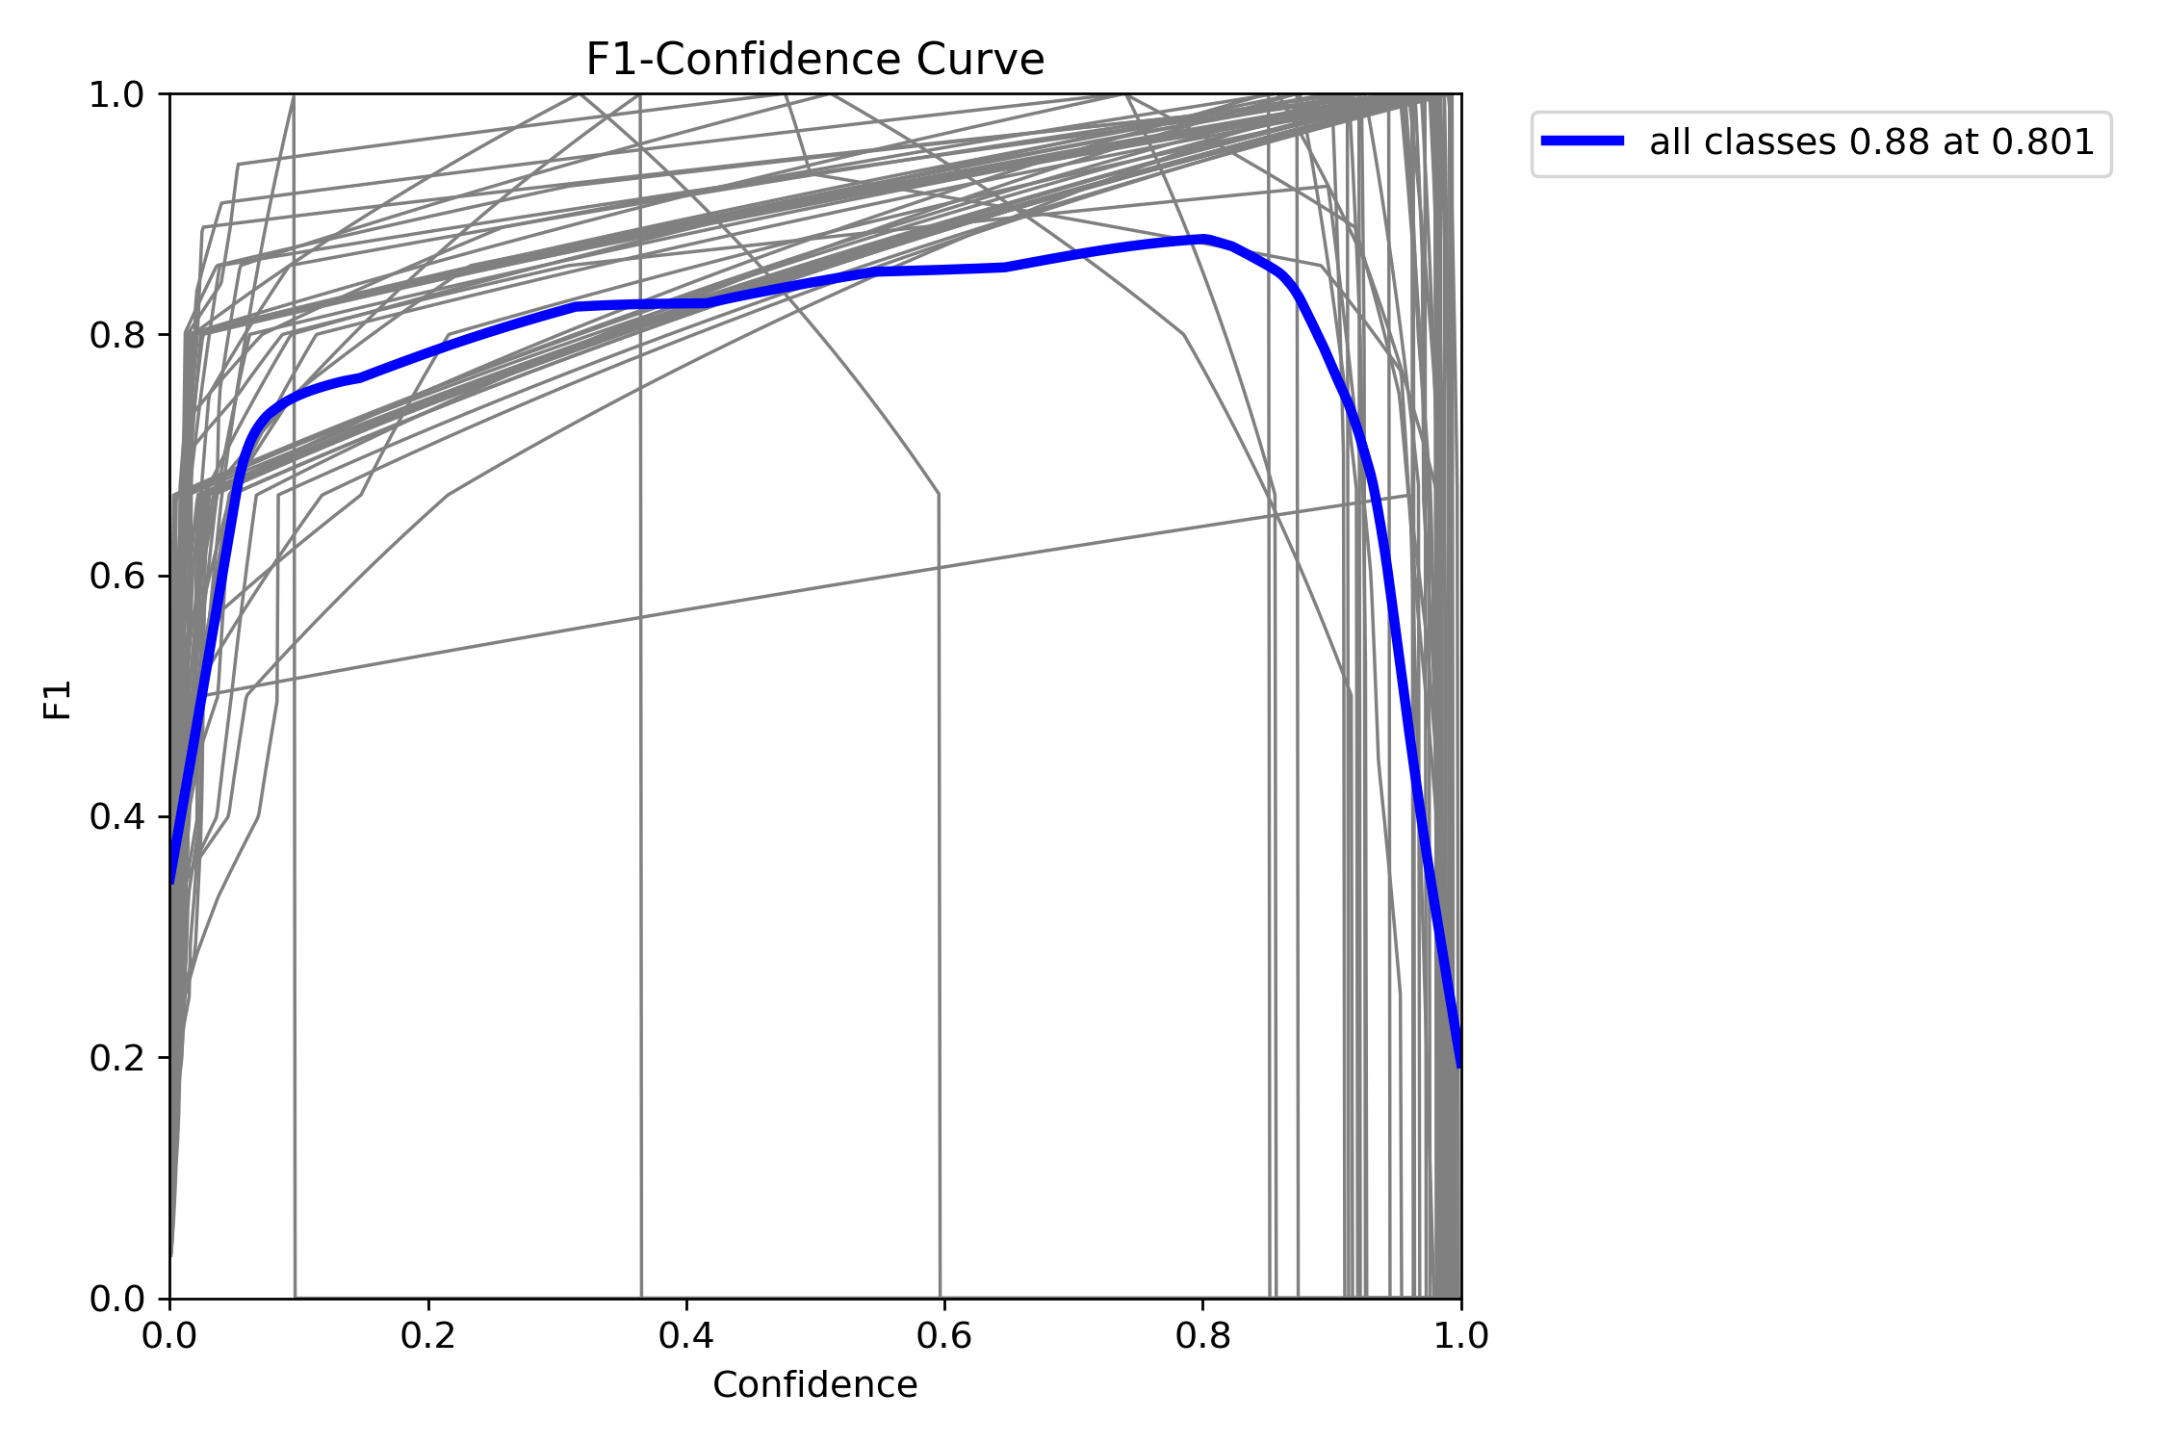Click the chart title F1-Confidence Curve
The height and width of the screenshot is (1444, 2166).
coord(814,60)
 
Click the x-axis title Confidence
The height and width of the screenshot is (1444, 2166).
coord(814,1384)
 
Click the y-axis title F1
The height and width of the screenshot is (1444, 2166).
coord(58,700)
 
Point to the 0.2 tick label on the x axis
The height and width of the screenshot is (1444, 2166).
coord(427,1336)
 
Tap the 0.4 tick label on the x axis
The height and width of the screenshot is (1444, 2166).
coord(685,1336)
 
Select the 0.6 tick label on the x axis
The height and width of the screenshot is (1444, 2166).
coord(943,1336)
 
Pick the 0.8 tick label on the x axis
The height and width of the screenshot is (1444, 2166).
coord(1202,1336)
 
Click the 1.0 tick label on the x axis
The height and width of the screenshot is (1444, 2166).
coord(1460,1336)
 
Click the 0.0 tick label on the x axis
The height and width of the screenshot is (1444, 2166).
coord(169,1336)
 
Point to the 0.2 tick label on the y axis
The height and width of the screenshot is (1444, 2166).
coord(116,1058)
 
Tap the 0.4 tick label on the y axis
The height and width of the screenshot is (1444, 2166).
coord(116,817)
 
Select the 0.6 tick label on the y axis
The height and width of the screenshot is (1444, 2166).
coord(116,577)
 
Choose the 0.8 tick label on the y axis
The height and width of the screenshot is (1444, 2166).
coord(116,335)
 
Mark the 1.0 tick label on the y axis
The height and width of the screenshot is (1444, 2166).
coord(116,95)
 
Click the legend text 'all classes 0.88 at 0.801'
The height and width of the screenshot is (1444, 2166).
coord(1871,142)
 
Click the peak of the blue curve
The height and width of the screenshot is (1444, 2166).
coord(1204,239)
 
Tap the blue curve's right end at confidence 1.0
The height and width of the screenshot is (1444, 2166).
coord(1459,1065)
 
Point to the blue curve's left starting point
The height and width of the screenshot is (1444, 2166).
coord(172,881)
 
